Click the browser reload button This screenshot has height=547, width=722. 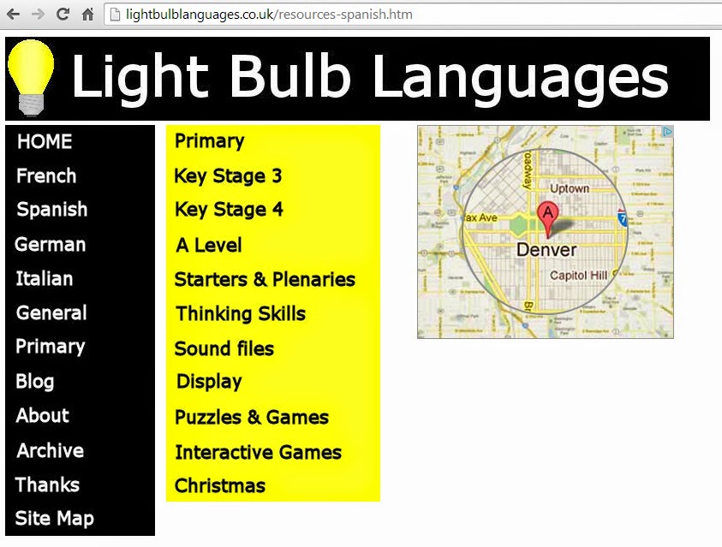click(62, 15)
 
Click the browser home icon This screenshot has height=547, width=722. click(87, 15)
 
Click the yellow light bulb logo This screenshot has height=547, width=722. click(31, 77)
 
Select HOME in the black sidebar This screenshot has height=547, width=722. click(45, 142)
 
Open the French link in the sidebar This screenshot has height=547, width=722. click(46, 176)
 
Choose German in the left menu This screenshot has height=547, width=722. click(51, 245)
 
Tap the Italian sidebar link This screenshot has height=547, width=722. click(45, 279)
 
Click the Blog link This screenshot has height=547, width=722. click(35, 382)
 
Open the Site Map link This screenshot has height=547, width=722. click(55, 519)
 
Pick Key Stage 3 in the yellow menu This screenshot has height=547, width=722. click(228, 176)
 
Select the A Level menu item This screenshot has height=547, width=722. click(209, 246)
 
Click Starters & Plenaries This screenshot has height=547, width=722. click(265, 280)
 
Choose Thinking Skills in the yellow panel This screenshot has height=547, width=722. click(241, 314)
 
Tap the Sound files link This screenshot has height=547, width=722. click(224, 349)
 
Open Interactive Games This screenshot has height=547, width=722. click(258, 453)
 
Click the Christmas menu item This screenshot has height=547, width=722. click(220, 486)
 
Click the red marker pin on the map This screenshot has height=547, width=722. click(546, 216)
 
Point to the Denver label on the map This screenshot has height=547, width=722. click(546, 250)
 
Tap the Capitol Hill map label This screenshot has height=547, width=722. click(578, 276)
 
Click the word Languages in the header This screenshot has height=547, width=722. click(521, 78)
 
